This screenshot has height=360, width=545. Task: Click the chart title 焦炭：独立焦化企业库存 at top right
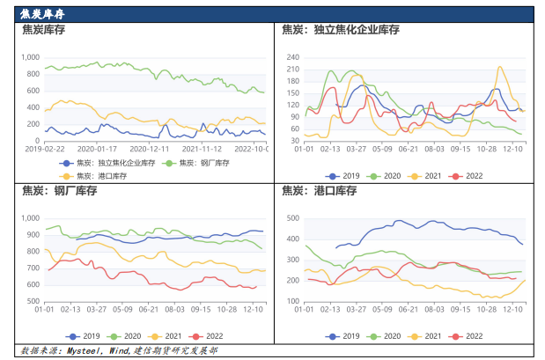341,30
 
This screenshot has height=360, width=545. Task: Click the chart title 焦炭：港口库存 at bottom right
318,191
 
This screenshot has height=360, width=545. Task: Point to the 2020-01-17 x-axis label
96,149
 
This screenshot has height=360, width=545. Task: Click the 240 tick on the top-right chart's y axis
293,57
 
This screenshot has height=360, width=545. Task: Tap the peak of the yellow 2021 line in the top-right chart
501,67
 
